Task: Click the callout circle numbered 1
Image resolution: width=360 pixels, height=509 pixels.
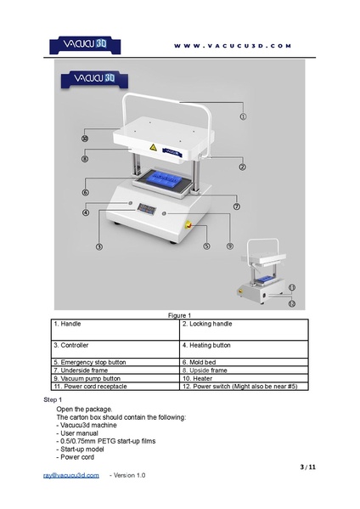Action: tap(243, 116)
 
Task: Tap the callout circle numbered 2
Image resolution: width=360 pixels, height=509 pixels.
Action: tap(242, 167)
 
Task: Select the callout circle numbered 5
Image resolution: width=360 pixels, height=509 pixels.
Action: tap(206, 246)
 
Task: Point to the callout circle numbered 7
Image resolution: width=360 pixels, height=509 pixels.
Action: tap(237, 206)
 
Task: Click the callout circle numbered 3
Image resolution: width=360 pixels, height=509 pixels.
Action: tap(99, 246)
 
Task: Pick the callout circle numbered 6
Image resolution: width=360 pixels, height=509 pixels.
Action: tap(85, 192)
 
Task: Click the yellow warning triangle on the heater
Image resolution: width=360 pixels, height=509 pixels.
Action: tap(153, 147)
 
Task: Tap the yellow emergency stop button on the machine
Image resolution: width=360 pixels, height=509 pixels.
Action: tap(188, 225)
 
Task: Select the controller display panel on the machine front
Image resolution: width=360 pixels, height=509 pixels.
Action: tap(147, 209)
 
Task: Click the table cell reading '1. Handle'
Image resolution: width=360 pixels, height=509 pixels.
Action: tap(115, 330)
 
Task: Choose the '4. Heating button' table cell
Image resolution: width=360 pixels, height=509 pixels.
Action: tap(244, 349)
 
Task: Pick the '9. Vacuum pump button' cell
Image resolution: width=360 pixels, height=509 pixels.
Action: tap(115, 378)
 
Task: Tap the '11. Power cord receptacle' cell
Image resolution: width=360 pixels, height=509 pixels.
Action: tap(115, 387)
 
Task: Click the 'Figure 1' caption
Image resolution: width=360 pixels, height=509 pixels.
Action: tap(179, 315)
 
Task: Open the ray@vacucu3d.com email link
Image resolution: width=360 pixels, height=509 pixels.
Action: tap(71, 475)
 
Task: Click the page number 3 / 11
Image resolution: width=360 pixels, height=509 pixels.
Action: tap(308, 467)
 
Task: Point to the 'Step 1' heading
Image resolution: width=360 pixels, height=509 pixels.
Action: tap(53, 399)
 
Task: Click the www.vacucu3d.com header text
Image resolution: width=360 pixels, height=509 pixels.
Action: tap(233, 46)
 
